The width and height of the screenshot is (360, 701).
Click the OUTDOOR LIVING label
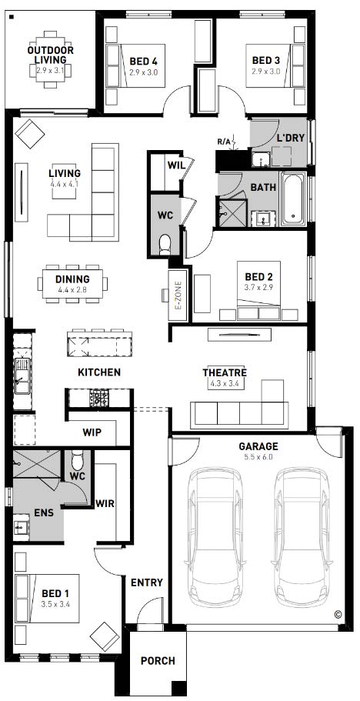pyautogui.click(x=51, y=55)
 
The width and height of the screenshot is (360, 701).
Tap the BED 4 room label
pyautogui.click(x=143, y=61)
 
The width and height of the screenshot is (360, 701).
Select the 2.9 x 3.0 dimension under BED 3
pyautogui.click(x=265, y=72)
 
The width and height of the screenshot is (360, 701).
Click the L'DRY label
pyautogui.click(x=290, y=138)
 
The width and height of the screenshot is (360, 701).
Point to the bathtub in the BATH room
pyautogui.click(x=293, y=199)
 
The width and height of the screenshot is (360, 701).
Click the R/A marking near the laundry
pyautogui.click(x=224, y=142)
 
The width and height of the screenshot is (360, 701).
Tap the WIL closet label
pyautogui.click(x=175, y=165)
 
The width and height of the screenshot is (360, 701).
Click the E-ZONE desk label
pyautogui.click(x=178, y=295)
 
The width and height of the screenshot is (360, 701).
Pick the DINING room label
pyautogui.click(x=72, y=279)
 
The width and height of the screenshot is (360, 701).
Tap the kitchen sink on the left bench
pyautogui.click(x=22, y=376)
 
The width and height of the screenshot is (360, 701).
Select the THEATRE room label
pyautogui.click(x=225, y=373)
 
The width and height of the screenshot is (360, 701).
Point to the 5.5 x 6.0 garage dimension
pyautogui.click(x=258, y=457)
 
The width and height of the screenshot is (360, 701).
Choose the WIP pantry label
pyautogui.click(x=92, y=432)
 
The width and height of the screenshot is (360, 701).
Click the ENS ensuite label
pyautogui.click(x=44, y=512)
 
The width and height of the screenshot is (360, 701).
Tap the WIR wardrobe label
pyautogui.click(x=105, y=504)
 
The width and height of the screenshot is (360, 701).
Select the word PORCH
pyautogui.click(x=158, y=661)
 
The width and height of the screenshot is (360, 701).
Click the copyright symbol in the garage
pyautogui.click(x=337, y=614)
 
